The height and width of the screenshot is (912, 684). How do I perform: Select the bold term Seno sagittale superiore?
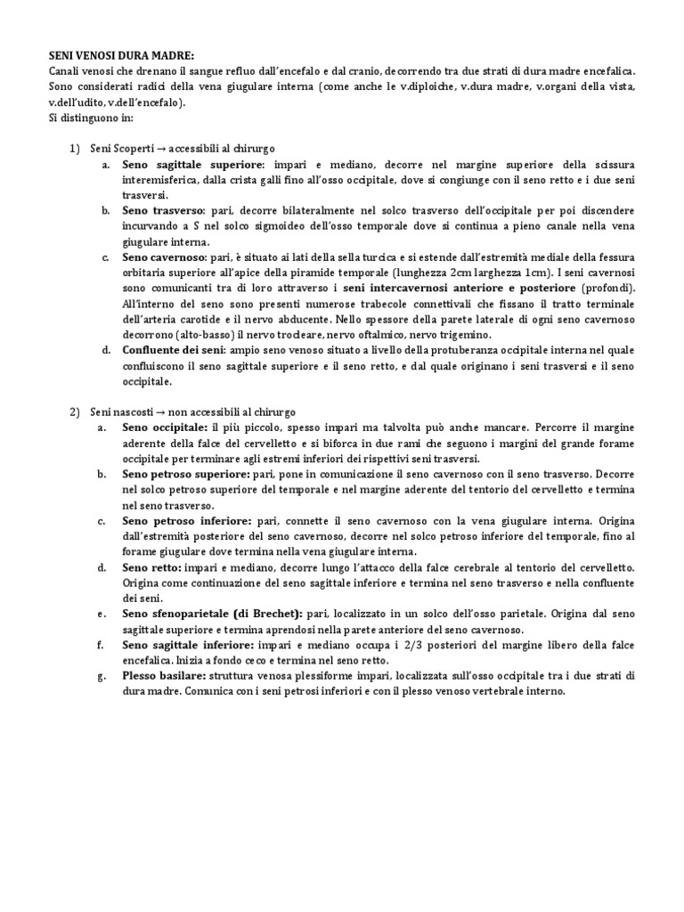[x=192, y=165]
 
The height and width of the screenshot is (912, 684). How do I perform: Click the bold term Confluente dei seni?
[x=174, y=350]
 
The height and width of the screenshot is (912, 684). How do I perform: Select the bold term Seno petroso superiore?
[x=186, y=474]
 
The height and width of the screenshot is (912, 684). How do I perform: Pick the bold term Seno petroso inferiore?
[x=186, y=520]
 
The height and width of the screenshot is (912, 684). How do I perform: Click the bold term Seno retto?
[x=152, y=566]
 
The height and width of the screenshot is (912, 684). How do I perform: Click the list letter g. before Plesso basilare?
[x=103, y=675]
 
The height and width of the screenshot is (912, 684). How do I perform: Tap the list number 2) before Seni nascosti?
[x=75, y=411]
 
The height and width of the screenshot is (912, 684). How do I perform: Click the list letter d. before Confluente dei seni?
[x=104, y=350]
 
